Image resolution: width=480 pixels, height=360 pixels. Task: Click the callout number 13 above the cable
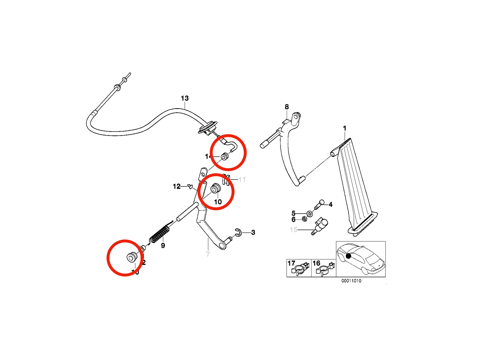point(185,98)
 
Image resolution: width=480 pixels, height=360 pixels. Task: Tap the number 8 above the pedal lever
point(287,107)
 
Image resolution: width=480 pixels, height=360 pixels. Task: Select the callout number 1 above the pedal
point(344,128)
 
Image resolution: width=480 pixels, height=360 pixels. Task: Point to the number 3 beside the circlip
point(253,232)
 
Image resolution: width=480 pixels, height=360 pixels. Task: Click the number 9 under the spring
point(163,246)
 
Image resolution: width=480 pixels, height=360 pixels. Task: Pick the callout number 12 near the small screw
point(177,187)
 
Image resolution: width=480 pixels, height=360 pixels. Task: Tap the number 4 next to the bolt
point(331,205)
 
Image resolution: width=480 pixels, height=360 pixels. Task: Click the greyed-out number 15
point(293,229)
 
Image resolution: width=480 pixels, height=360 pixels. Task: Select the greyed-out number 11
point(242,180)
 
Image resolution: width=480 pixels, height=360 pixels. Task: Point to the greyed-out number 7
point(208,254)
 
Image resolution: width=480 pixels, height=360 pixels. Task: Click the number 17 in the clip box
point(291,263)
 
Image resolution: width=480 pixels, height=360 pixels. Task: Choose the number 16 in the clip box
point(316,263)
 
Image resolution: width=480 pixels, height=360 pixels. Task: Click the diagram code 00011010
point(351,281)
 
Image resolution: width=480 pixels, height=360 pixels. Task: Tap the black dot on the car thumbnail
point(348,256)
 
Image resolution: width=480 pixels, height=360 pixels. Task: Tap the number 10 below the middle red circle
point(218,202)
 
